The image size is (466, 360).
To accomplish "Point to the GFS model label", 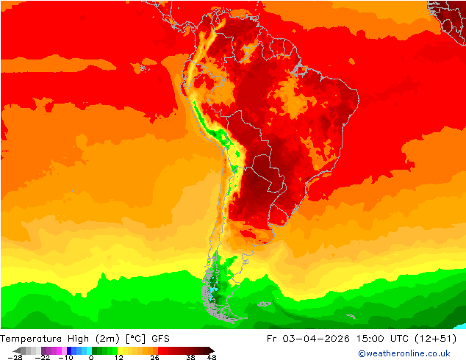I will click(x=161, y=339).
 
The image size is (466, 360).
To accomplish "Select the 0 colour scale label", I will click(x=91, y=357).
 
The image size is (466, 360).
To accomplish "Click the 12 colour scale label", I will click(x=118, y=357).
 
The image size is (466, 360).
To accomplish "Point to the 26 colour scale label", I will click(x=154, y=357).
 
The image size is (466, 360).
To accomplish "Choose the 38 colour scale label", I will click(x=190, y=357).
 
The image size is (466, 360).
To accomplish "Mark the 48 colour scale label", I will click(x=212, y=357).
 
